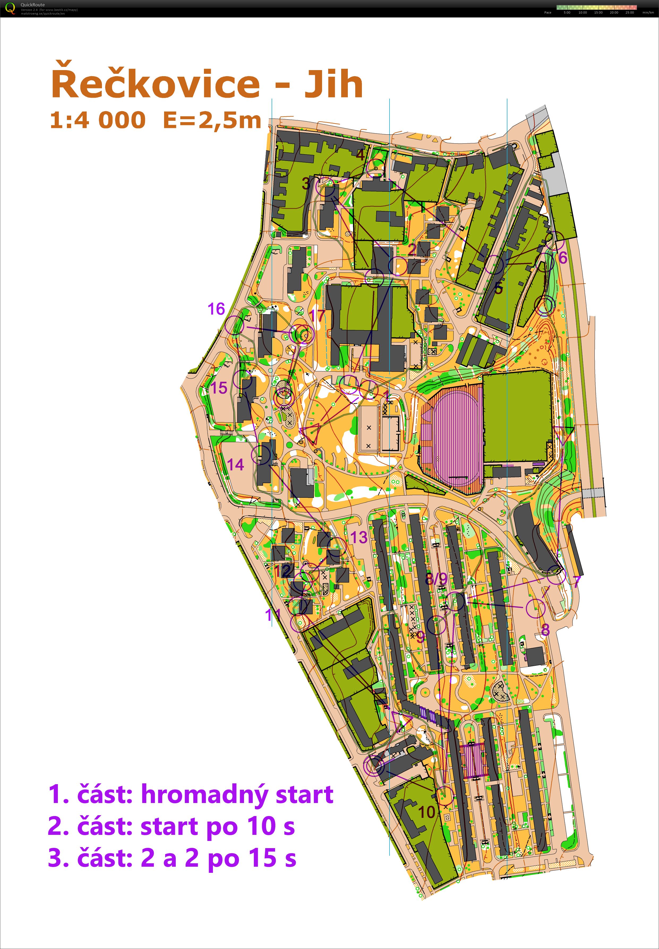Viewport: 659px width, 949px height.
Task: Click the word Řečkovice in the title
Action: (x=155, y=84)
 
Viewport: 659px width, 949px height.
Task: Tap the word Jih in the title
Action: (x=334, y=84)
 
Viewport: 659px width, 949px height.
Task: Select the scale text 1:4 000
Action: (x=98, y=120)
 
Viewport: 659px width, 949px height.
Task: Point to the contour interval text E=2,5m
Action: (x=212, y=120)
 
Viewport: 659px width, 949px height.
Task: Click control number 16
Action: (x=216, y=309)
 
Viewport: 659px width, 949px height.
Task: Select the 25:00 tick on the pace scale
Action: (x=630, y=13)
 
